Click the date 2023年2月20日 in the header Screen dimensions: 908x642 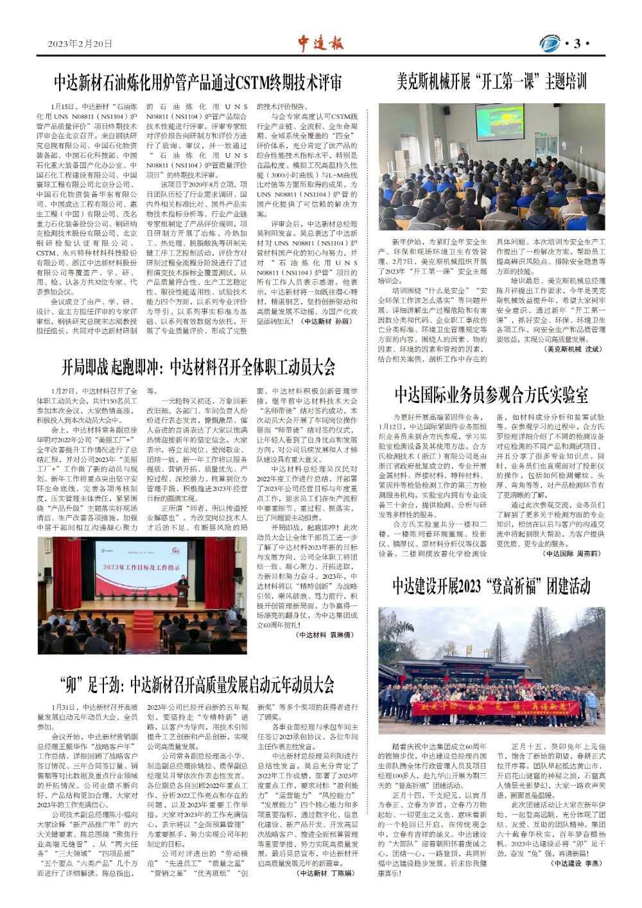click(80, 44)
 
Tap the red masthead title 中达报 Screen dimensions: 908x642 click(320, 43)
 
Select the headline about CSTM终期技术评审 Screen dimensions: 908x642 click(198, 83)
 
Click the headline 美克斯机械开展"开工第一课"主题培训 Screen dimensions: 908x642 click(491, 81)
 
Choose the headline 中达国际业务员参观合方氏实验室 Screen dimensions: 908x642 click(491, 394)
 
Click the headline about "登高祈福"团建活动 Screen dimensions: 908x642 click(491, 585)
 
